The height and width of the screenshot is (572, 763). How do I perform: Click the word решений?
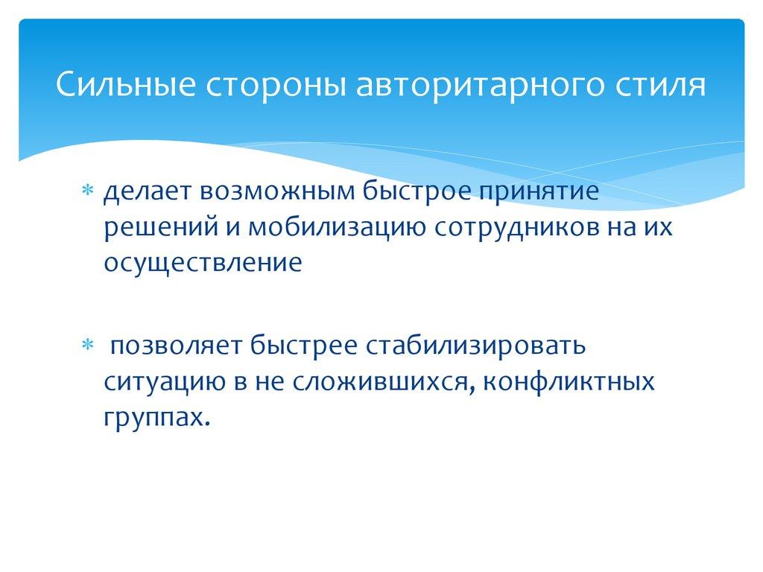[x=154, y=228]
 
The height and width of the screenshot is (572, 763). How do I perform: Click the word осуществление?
[x=203, y=263]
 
